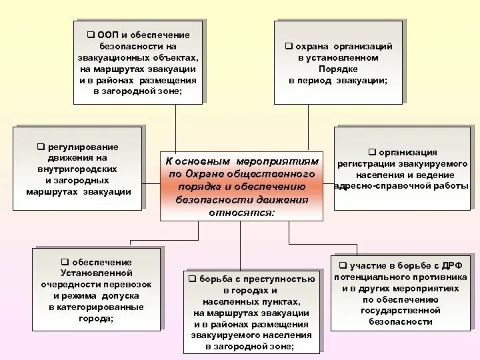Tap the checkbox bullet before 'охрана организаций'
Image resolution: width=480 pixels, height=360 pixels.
(289, 46)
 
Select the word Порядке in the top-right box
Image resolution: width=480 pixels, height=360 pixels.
(338, 69)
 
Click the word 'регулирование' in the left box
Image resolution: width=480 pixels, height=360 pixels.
(83, 146)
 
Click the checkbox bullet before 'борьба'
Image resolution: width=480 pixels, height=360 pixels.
(191, 279)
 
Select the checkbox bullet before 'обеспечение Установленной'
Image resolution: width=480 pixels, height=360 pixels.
(65, 262)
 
